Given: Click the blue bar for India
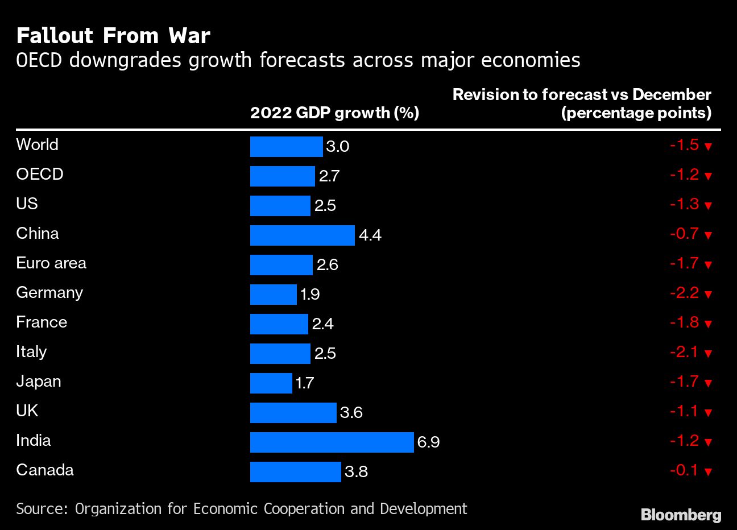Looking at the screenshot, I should pyautogui.click(x=332, y=442).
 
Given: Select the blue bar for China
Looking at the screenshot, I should pyautogui.click(x=302, y=235).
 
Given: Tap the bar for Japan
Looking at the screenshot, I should pyautogui.click(x=271, y=383).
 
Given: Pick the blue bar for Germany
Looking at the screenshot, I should pyautogui.click(x=273, y=294).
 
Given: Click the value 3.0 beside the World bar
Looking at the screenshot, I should pyautogui.click(x=337, y=147).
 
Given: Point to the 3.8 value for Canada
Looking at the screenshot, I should pyautogui.click(x=356, y=472).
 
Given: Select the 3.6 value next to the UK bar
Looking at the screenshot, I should pyautogui.click(x=351, y=413).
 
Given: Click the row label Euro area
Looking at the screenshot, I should pyautogui.click(x=51, y=263).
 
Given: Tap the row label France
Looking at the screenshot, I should pyautogui.click(x=42, y=322).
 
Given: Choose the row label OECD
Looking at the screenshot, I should pyautogui.click(x=39, y=174).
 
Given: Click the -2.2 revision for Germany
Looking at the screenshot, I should pyautogui.click(x=684, y=293).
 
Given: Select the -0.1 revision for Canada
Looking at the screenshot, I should pyautogui.click(x=684, y=470).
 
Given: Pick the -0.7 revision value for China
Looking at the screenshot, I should pyautogui.click(x=684, y=234).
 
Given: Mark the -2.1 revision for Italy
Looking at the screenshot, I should pyautogui.click(x=684, y=352).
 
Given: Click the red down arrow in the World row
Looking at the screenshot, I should pyautogui.click(x=708, y=147).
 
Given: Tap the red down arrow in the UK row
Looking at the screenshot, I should pyautogui.click(x=708, y=413).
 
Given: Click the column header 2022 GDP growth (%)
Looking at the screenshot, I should pyautogui.click(x=334, y=113).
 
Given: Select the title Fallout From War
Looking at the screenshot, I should pyautogui.click(x=113, y=36).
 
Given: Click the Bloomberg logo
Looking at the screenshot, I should pyautogui.click(x=681, y=515).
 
